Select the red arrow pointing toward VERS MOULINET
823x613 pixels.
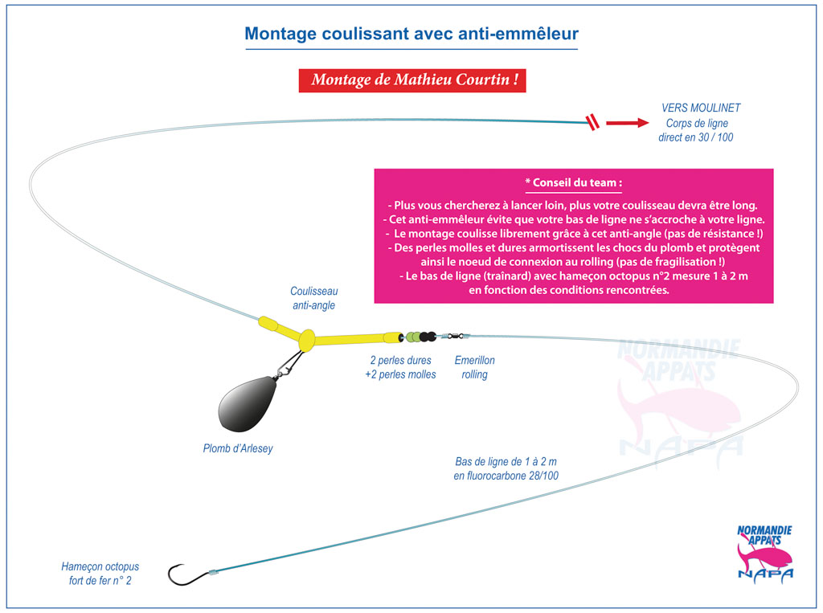pos(626,123)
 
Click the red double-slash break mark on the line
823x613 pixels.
pos(592,123)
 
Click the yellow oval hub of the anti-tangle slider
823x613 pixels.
pos(306,341)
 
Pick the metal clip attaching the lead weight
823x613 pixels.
pos(286,366)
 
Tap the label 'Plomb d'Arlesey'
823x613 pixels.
pos(238,448)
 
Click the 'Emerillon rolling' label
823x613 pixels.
pos(475,367)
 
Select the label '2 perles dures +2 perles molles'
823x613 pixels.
pos(400,367)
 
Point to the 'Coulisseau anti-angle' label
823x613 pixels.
pos(313,298)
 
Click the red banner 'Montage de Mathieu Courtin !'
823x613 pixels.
pos(412,80)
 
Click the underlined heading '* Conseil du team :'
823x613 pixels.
pos(573,182)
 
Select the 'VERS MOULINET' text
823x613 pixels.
pos(701,108)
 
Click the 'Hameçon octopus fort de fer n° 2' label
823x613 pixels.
pos(100,573)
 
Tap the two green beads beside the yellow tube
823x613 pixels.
pos(414,337)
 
